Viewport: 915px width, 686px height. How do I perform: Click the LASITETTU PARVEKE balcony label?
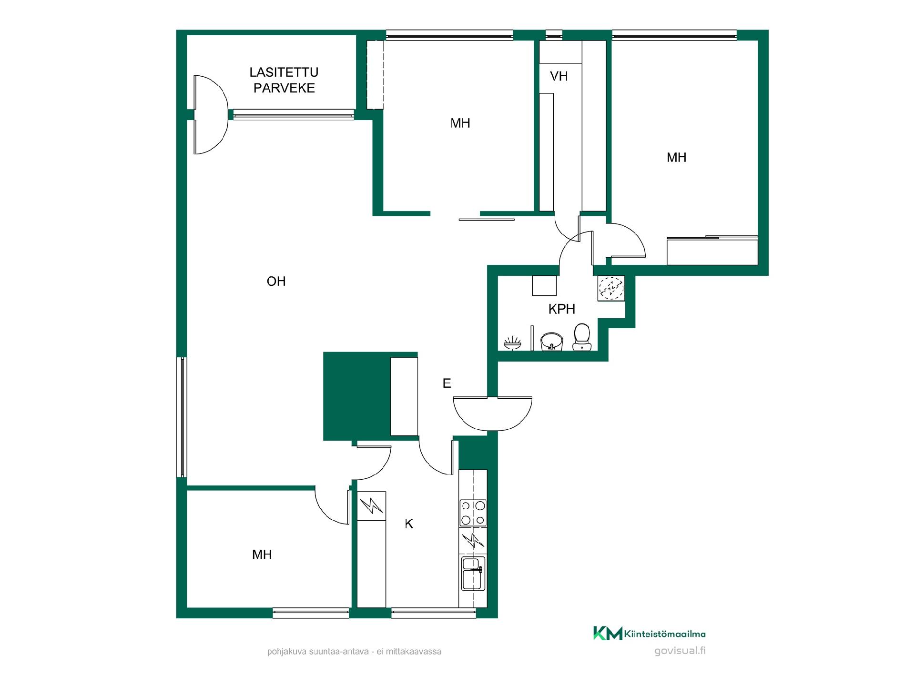284,80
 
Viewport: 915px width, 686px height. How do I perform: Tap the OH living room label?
276,282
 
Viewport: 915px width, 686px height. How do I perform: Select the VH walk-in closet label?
559,76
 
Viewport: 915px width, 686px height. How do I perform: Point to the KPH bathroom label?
562,309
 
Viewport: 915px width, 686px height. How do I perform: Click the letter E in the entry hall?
447,383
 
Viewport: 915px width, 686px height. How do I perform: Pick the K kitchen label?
409,524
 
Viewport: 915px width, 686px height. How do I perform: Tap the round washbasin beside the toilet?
552,341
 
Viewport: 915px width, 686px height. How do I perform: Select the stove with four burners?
473,513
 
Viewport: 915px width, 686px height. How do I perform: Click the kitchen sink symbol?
473,574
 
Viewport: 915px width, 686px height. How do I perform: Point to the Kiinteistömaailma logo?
649,634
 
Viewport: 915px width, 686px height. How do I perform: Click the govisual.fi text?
680,651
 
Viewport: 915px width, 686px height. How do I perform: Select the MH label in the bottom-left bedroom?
262,555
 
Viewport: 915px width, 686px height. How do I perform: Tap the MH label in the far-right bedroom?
676,158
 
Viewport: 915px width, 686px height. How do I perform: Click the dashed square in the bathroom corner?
611,288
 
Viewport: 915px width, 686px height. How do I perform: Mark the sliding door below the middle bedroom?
487,220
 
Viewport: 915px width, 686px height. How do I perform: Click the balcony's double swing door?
210,114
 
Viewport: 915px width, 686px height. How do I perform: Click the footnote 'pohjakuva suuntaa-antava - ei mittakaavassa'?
354,651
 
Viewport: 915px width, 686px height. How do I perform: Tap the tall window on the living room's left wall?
182,417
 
